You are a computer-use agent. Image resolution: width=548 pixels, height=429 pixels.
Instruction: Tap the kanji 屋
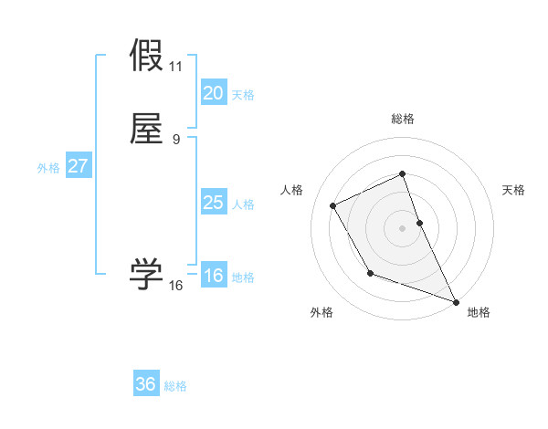(x=146, y=129)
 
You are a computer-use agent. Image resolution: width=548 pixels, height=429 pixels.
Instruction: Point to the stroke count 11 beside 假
(x=176, y=67)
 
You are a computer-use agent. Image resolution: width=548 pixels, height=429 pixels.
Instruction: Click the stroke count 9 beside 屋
(x=176, y=140)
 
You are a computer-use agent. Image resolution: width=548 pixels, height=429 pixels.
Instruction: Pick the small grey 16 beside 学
(x=176, y=286)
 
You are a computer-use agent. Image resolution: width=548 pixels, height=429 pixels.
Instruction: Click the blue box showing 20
(x=213, y=93)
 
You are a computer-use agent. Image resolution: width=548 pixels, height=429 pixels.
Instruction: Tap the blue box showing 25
(x=213, y=203)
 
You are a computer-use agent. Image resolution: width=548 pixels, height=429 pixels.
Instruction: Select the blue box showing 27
(x=78, y=166)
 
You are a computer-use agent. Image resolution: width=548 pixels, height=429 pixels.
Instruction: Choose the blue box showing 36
(x=146, y=384)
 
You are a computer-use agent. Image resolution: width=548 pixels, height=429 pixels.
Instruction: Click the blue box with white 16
(x=213, y=276)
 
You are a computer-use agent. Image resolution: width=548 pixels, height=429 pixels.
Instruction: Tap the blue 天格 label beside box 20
(x=243, y=94)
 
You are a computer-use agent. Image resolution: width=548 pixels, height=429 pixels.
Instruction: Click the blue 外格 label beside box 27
(x=48, y=167)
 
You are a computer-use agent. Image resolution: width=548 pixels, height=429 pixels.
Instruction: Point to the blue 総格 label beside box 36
(x=175, y=386)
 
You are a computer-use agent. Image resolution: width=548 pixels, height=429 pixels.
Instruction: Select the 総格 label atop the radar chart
(x=403, y=119)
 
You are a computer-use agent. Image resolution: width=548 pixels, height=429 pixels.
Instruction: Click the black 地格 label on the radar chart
(x=479, y=312)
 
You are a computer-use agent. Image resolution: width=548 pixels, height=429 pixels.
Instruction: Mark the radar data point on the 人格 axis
(x=333, y=205)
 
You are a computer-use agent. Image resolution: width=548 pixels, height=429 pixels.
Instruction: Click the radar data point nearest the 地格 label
(x=456, y=302)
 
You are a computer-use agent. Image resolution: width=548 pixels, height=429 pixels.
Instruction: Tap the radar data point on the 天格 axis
(x=419, y=223)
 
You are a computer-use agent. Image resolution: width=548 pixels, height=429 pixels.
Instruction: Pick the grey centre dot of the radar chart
(x=403, y=228)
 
